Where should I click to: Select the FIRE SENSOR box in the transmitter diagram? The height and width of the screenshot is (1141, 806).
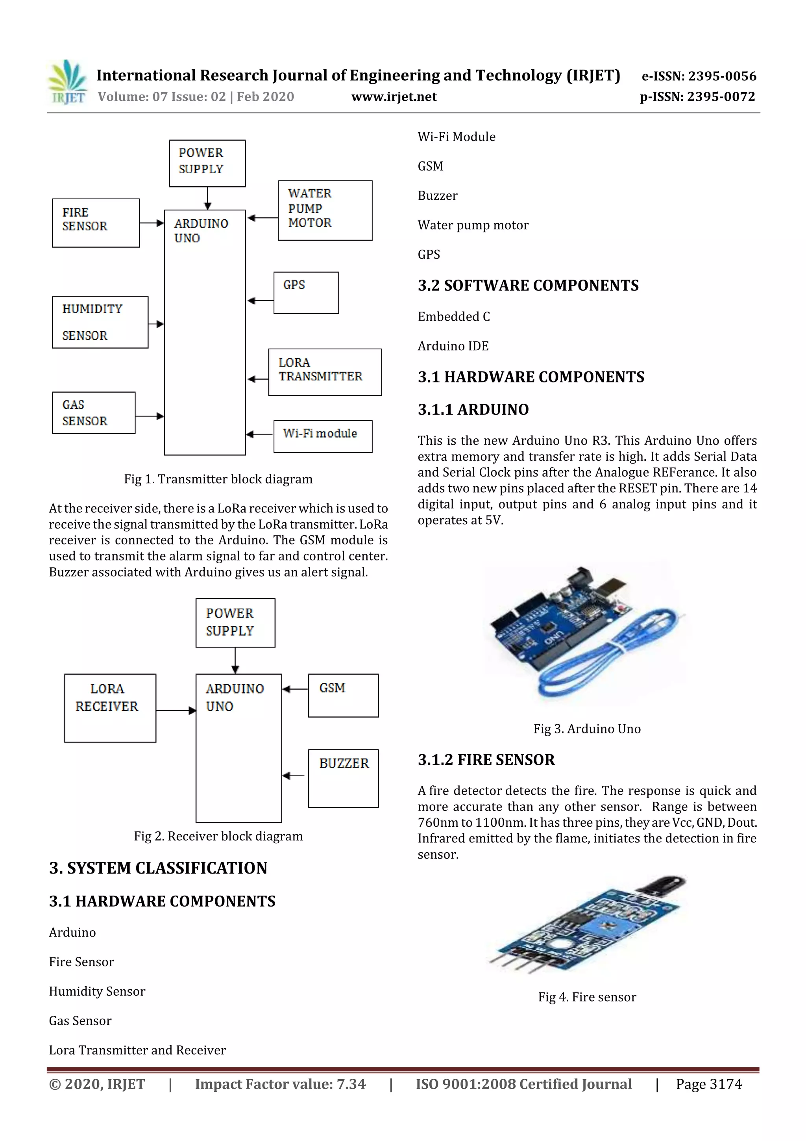95,223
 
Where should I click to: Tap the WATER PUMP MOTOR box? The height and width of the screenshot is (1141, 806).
325,210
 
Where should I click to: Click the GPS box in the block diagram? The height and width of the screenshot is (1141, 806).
306,293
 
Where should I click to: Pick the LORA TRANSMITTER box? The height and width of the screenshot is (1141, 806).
325,372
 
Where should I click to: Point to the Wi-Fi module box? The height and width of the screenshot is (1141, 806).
323,436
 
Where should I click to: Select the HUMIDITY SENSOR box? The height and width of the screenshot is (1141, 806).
100,322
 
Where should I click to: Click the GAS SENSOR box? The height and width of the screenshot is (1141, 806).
93,412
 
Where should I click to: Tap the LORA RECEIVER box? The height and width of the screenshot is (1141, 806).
110,708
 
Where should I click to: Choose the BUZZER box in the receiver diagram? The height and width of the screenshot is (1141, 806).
343,778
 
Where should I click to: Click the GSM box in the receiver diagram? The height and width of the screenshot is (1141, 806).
343,695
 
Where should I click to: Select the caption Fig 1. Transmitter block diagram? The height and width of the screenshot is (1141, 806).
218,479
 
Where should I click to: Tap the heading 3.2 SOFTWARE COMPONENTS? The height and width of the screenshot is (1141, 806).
528,285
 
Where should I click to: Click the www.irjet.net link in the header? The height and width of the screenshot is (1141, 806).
394,96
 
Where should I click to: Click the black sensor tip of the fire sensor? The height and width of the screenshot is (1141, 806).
663,885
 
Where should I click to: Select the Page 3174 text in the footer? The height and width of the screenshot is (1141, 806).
709,1084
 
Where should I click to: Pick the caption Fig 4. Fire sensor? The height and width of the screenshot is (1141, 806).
587,997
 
